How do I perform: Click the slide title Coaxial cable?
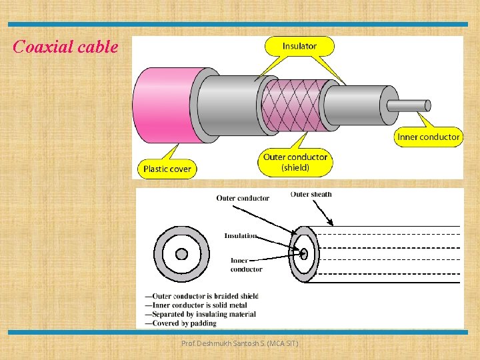pyautogui.click(x=65, y=47)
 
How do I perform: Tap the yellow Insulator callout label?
pyautogui.click(x=299, y=46)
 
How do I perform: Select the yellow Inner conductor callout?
pyautogui.click(x=428, y=137)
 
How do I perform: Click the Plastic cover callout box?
pyautogui.click(x=167, y=169)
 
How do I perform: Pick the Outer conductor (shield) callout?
pyautogui.click(x=295, y=162)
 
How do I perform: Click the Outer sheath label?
pyautogui.click(x=311, y=195)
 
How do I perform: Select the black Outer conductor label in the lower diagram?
pyautogui.click(x=243, y=198)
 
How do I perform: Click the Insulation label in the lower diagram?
pyautogui.click(x=241, y=235)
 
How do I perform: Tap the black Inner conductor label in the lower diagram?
pyautogui.click(x=246, y=265)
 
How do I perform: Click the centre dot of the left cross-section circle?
pyautogui.click(x=181, y=254)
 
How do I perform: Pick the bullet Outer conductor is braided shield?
pyautogui.click(x=202, y=296)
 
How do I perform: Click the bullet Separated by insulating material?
pyautogui.click(x=200, y=314)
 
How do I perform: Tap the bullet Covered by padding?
pyautogui.click(x=181, y=323)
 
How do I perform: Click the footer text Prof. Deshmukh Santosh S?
pyautogui.click(x=240, y=343)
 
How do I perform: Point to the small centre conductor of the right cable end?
pyautogui.click(x=304, y=253)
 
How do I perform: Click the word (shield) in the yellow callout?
pyautogui.click(x=295, y=167)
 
